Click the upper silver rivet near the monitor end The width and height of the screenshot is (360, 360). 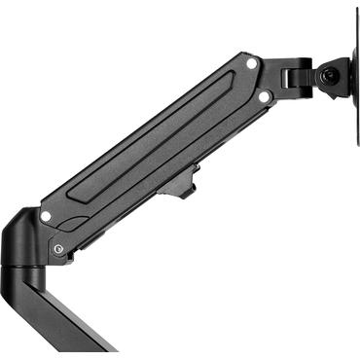click(x=252, y=63)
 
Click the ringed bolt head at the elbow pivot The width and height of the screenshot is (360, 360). click(x=60, y=249)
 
